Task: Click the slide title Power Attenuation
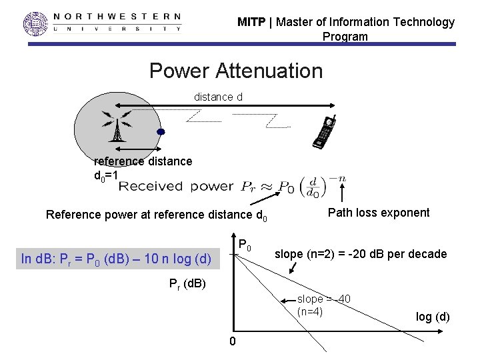235,70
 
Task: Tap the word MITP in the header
252,22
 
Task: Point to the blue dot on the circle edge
161,131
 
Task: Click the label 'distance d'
218,97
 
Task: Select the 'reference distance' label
143,161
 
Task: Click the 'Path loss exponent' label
379,213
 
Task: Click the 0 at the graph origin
232,342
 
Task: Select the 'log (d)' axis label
433,317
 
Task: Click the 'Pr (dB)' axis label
187,285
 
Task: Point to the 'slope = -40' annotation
324,299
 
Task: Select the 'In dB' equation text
116,259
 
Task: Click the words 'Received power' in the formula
176,186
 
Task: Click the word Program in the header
345,37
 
